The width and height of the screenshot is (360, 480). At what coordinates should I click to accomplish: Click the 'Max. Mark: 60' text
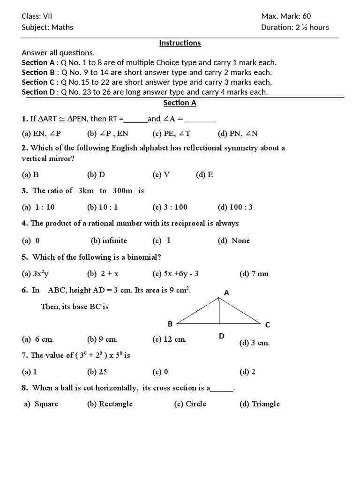(286, 16)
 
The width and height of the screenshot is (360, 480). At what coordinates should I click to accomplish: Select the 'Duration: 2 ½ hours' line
(295, 27)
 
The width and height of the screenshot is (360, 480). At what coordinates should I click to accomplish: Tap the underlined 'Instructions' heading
(180, 43)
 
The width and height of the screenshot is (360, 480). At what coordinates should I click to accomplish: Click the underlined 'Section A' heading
(180, 103)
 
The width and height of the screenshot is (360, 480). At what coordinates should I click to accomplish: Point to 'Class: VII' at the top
(37, 16)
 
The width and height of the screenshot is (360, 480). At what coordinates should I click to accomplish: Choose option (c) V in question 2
(161, 175)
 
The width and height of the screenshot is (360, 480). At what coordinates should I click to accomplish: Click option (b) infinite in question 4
(109, 240)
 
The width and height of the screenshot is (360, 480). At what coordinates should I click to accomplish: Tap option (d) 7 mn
(254, 274)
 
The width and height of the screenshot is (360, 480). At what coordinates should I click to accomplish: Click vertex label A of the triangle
(226, 292)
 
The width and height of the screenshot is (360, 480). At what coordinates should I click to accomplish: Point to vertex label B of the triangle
(171, 324)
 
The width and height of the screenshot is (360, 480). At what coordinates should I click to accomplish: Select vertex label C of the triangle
(267, 325)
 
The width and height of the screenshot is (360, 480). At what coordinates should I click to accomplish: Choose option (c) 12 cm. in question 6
(169, 339)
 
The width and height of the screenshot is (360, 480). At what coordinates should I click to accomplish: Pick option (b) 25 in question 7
(97, 372)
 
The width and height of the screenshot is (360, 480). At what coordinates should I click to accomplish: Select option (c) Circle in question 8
(190, 404)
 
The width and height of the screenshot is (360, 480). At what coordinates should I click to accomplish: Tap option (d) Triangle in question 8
(259, 404)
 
